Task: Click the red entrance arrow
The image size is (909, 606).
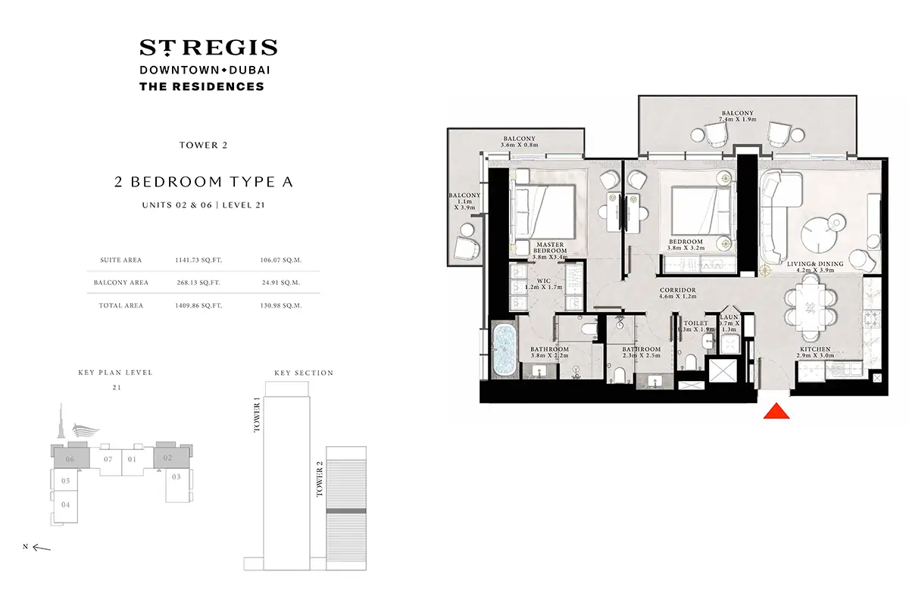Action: pyautogui.click(x=776, y=411)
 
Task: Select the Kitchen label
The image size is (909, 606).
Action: pyautogui.click(x=817, y=349)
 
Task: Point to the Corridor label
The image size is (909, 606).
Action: pyautogui.click(x=677, y=289)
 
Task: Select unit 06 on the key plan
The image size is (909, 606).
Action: pyautogui.click(x=70, y=459)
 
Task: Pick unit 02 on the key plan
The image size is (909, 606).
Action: pyautogui.click(x=168, y=458)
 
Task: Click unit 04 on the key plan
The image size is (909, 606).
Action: pyautogui.click(x=66, y=504)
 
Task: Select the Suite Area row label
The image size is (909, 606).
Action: pyautogui.click(x=121, y=260)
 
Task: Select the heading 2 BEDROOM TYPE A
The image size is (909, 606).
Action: pyautogui.click(x=202, y=182)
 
